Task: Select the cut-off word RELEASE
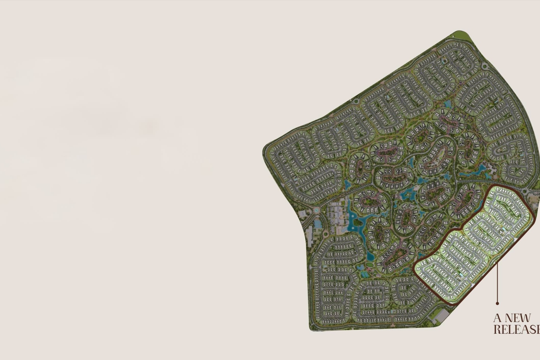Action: click(x=516, y=329)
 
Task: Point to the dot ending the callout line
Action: click(x=498, y=304)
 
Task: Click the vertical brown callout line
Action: click(x=498, y=282)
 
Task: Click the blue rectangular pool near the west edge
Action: click(x=318, y=224)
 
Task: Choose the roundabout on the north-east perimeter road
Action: click(x=485, y=66)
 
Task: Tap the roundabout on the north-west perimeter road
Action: click(x=356, y=101)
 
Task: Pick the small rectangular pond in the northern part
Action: click(x=449, y=104)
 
